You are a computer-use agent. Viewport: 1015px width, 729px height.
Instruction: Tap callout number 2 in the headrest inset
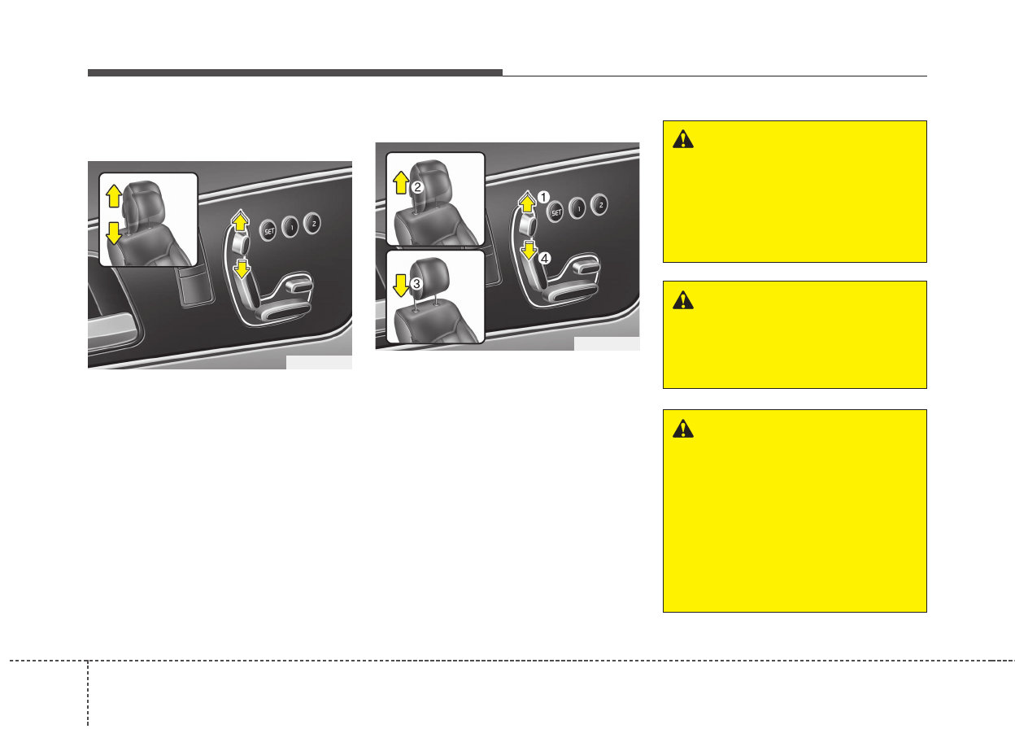416,186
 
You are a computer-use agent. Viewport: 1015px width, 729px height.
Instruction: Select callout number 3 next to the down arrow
416,283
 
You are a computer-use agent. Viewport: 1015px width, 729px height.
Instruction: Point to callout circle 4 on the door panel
545,258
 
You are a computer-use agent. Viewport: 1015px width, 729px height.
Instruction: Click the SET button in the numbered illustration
556,212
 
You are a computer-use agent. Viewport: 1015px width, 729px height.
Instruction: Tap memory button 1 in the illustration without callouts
290,225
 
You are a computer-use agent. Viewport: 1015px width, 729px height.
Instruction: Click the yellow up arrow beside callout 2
400,181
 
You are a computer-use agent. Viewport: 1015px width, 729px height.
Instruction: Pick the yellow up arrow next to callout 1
527,200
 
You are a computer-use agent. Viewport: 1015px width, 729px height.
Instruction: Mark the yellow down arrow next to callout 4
529,248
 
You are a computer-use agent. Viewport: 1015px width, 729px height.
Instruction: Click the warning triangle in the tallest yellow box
683,429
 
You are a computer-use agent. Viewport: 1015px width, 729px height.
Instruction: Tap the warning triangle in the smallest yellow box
683,300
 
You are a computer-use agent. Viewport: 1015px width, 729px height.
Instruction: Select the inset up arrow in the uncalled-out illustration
113,195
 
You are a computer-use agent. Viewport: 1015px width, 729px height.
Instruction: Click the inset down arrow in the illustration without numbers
113,233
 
